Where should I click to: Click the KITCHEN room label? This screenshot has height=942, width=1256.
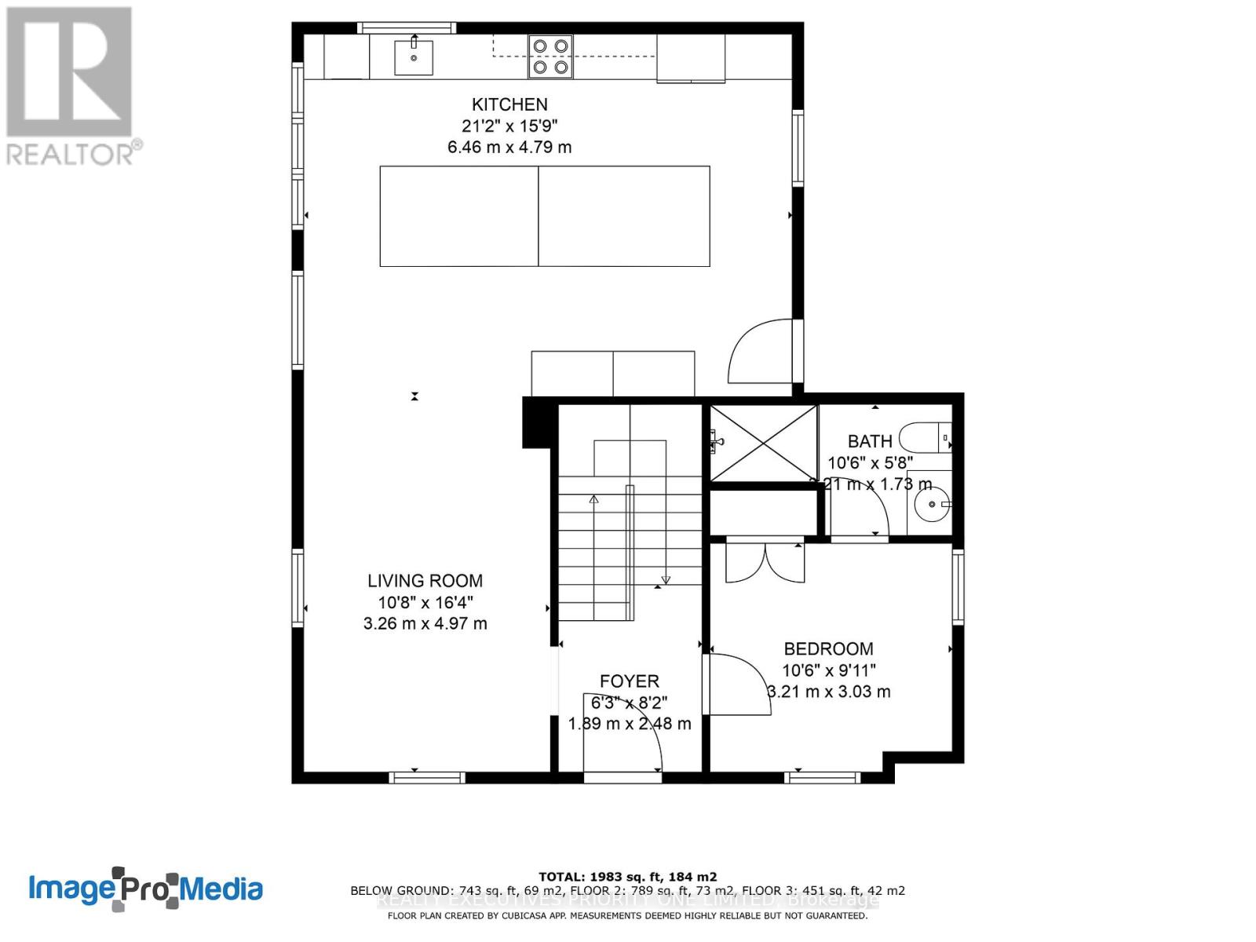(509, 104)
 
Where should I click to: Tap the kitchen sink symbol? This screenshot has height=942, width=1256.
(413, 57)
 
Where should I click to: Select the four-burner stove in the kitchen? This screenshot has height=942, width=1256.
(549, 57)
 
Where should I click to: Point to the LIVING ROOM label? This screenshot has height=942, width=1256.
(425, 581)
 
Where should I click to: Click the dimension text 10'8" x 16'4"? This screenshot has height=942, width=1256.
(425, 602)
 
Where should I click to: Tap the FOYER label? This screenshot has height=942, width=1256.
(629, 681)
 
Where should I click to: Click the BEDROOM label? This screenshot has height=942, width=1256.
(828, 648)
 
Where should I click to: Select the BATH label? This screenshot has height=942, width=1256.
(870, 441)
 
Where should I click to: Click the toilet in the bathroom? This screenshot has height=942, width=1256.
(925, 436)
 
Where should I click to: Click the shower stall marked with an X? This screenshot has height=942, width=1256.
(762, 444)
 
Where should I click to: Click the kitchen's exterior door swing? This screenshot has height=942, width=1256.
(760, 352)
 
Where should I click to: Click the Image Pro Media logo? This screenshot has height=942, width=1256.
(145, 889)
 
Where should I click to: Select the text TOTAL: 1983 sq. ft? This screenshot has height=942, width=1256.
(627, 877)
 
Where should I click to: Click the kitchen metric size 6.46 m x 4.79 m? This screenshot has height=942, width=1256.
(509, 147)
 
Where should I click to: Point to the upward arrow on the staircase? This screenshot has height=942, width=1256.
(594, 500)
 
